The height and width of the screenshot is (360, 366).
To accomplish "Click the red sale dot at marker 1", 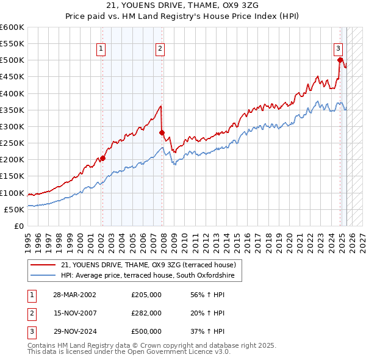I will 102,158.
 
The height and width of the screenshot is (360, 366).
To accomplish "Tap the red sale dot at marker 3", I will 340,60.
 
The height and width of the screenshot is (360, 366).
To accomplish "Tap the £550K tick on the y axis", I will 12,44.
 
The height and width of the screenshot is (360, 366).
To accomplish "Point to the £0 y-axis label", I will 20,226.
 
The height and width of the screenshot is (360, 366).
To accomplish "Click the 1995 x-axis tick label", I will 28,240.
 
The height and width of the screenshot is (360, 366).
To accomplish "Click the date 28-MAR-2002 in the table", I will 75,295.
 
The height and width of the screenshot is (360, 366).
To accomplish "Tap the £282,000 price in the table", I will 146,313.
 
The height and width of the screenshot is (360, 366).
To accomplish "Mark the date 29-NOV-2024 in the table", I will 75,331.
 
